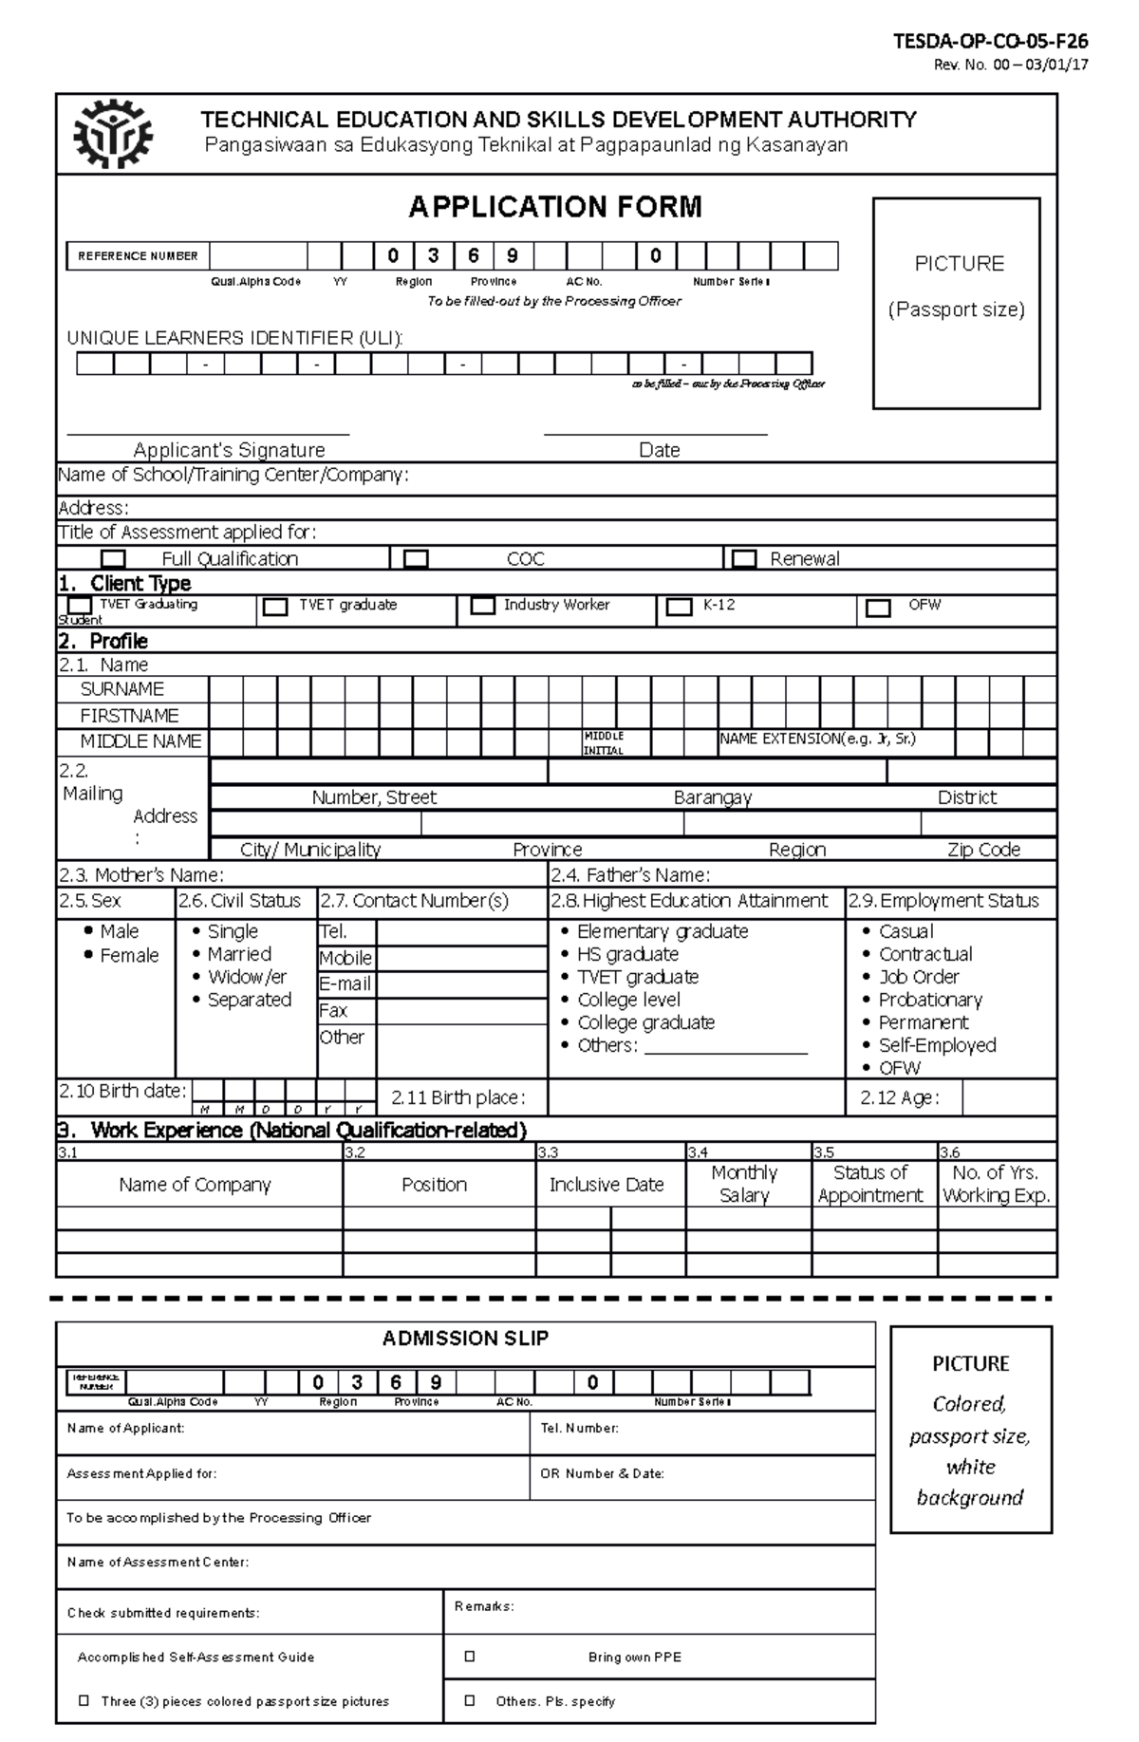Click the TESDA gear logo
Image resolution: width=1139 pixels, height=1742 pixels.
pyautogui.click(x=112, y=133)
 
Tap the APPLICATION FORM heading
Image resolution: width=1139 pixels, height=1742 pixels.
pyautogui.click(x=555, y=207)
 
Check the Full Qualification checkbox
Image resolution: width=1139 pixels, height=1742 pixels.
pyautogui.click(x=114, y=558)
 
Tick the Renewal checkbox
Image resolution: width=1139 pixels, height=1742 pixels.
pyautogui.click(x=744, y=558)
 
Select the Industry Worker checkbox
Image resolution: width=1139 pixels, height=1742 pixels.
pyautogui.click(x=483, y=606)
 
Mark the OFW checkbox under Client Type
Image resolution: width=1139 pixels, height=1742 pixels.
pyautogui.click(x=878, y=608)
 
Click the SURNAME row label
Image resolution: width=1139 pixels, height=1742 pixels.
pyautogui.click(x=121, y=689)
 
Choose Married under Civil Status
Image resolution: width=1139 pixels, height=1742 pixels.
pyautogui.click(x=239, y=954)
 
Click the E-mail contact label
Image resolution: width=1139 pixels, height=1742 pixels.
pyautogui.click(x=345, y=984)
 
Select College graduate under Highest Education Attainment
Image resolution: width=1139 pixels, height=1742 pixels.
pyautogui.click(x=645, y=1022)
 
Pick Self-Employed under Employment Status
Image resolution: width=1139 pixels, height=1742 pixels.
pyautogui.click(x=937, y=1045)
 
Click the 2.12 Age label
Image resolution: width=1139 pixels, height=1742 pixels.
pyautogui.click(x=899, y=1098)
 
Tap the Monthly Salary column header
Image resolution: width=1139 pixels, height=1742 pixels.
pyautogui.click(x=744, y=1184)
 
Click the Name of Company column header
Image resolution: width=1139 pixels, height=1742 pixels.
pyautogui.click(x=195, y=1185)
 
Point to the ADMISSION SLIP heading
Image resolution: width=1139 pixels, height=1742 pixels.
pyautogui.click(x=465, y=1339)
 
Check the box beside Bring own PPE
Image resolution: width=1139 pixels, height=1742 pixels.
pyautogui.click(x=470, y=1657)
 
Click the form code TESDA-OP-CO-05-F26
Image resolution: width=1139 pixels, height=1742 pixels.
pyautogui.click(x=990, y=42)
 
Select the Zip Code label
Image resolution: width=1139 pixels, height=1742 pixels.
pyautogui.click(x=983, y=850)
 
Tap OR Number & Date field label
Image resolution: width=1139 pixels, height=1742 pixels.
pyautogui.click(x=602, y=1474)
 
